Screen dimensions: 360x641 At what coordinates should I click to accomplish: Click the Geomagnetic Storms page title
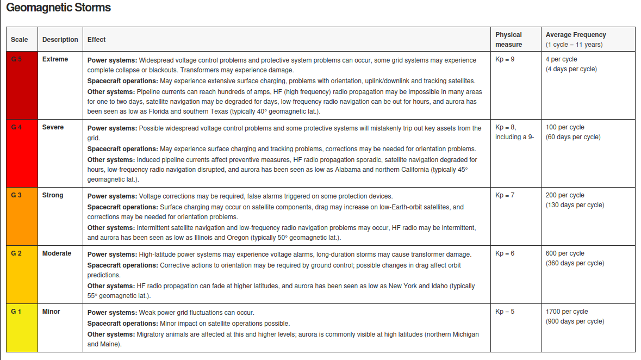click(x=59, y=8)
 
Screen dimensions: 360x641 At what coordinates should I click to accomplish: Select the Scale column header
click(x=20, y=40)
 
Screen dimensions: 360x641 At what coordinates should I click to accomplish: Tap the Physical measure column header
click(x=508, y=40)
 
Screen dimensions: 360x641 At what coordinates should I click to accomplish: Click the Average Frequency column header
click(x=576, y=35)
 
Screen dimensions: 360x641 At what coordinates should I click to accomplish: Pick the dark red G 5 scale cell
click(x=22, y=85)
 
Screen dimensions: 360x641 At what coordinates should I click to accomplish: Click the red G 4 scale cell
click(x=22, y=153)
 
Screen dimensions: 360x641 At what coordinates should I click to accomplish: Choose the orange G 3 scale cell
click(x=22, y=216)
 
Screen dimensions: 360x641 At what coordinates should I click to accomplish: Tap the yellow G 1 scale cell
click(x=22, y=328)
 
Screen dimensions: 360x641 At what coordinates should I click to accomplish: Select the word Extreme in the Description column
click(x=55, y=59)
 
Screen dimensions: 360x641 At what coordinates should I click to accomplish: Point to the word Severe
click(x=53, y=127)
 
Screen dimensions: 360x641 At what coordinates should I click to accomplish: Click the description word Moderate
click(x=57, y=253)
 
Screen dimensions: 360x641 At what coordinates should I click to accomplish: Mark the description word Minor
click(x=51, y=312)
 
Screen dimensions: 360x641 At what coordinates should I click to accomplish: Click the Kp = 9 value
click(x=505, y=59)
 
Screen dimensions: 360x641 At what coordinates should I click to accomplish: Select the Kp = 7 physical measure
click(x=505, y=195)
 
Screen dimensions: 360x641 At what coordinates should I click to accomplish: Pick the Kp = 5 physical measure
click(x=505, y=312)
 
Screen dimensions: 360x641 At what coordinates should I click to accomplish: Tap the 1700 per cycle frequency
click(x=567, y=312)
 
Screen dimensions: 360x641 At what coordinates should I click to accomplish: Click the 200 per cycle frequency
click(x=565, y=195)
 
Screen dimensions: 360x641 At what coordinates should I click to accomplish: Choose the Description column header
click(x=60, y=40)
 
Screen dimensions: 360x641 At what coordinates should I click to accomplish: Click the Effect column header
click(x=97, y=40)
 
